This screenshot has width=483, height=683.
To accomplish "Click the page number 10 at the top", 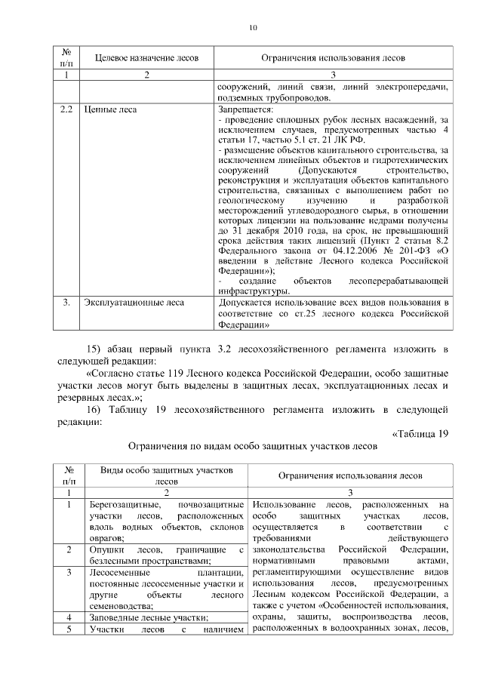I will coord(253,28).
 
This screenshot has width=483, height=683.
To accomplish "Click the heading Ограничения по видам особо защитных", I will coord(252,446).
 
